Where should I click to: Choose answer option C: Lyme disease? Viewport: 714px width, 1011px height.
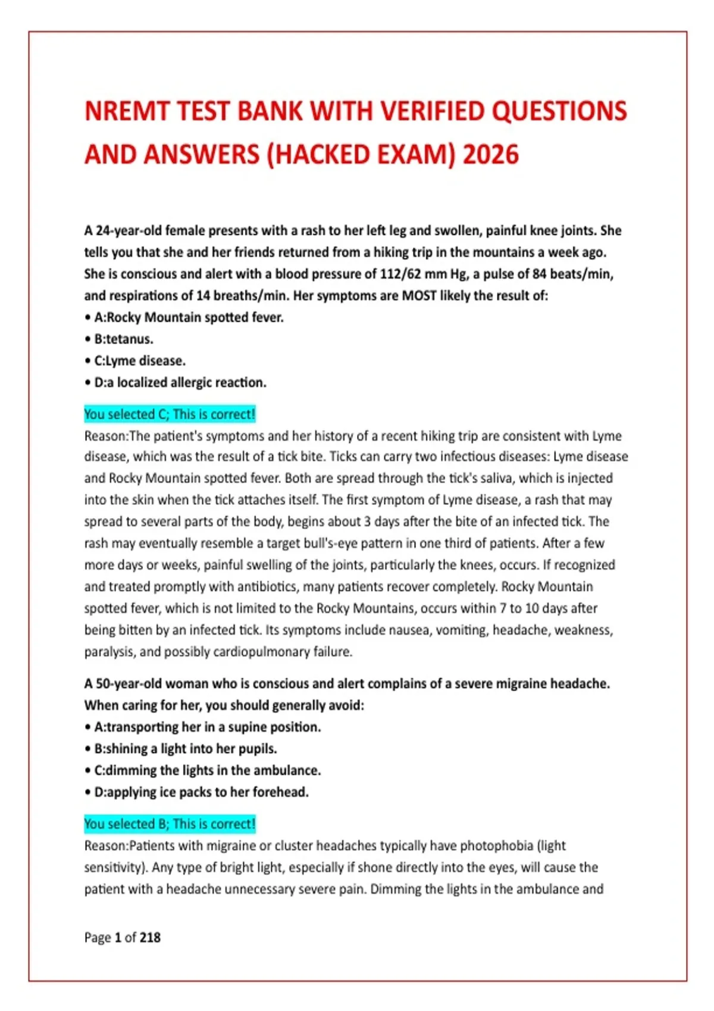point(139,361)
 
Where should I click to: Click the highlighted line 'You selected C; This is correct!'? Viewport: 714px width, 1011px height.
point(170,414)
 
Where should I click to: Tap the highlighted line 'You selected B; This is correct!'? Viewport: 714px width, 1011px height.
point(170,824)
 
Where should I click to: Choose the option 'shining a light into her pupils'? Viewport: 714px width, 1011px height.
point(185,749)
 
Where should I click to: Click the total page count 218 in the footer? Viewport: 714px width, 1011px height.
point(150,938)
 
